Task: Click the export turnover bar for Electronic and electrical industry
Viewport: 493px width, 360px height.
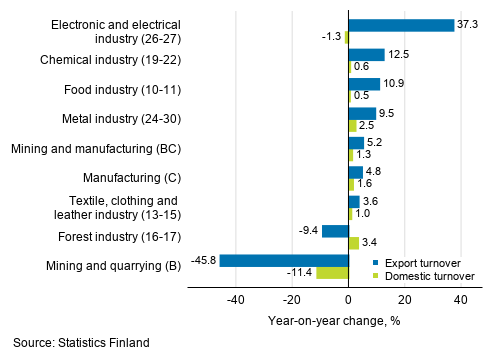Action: coord(401,25)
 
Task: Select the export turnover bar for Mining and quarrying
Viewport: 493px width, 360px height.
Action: coord(284,260)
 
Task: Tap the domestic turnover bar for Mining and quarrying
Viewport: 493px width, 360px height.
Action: coord(332,272)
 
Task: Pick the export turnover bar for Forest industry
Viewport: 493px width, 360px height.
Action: coord(335,231)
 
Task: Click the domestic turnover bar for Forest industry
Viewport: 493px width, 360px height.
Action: coord(353,243)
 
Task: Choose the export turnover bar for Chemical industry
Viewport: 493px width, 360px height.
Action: coord(366,54)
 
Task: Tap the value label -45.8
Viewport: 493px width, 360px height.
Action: coord(203,260)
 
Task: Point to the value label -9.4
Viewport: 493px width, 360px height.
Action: coord(306,231)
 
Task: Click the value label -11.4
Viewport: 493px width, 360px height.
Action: coord(300,272)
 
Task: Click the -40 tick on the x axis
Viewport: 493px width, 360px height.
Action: coord(236,298)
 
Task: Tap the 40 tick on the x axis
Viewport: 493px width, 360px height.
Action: coord(461,298)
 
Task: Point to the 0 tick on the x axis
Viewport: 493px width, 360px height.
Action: coord(349,298)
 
